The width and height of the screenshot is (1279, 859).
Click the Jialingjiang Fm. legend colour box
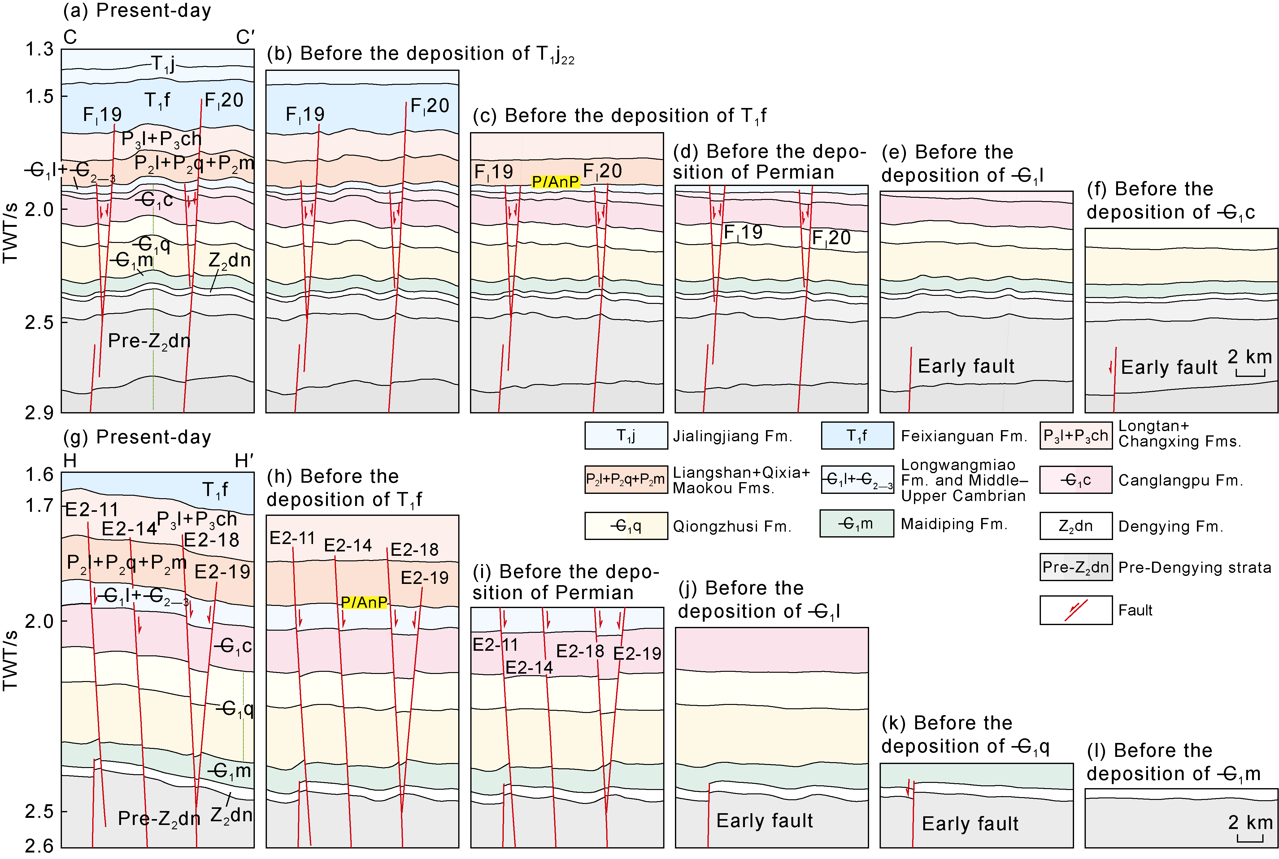click(x=626, y=435)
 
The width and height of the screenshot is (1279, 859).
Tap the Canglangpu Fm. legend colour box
click(x=1075, y=480)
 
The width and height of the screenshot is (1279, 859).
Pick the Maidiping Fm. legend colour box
click(x=856, y=524)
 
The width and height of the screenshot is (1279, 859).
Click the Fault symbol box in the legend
click(x=1075, y=610)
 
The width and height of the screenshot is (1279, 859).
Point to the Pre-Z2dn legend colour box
click(x=1075, y=567)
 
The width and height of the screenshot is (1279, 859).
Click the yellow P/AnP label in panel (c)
click(x=555, y=181)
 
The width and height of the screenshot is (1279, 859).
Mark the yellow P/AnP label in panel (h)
click(x=364, y=602)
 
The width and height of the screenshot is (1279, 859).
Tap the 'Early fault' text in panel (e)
click(x=966, y=366)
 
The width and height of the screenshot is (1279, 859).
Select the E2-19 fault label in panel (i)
click(x=637, y=654)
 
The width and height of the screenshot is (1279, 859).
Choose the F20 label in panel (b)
click(x=430, y=106)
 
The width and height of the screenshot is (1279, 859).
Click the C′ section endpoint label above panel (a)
click(x=245, y=37)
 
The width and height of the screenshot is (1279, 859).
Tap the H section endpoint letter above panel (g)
click(x=70, y=461)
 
